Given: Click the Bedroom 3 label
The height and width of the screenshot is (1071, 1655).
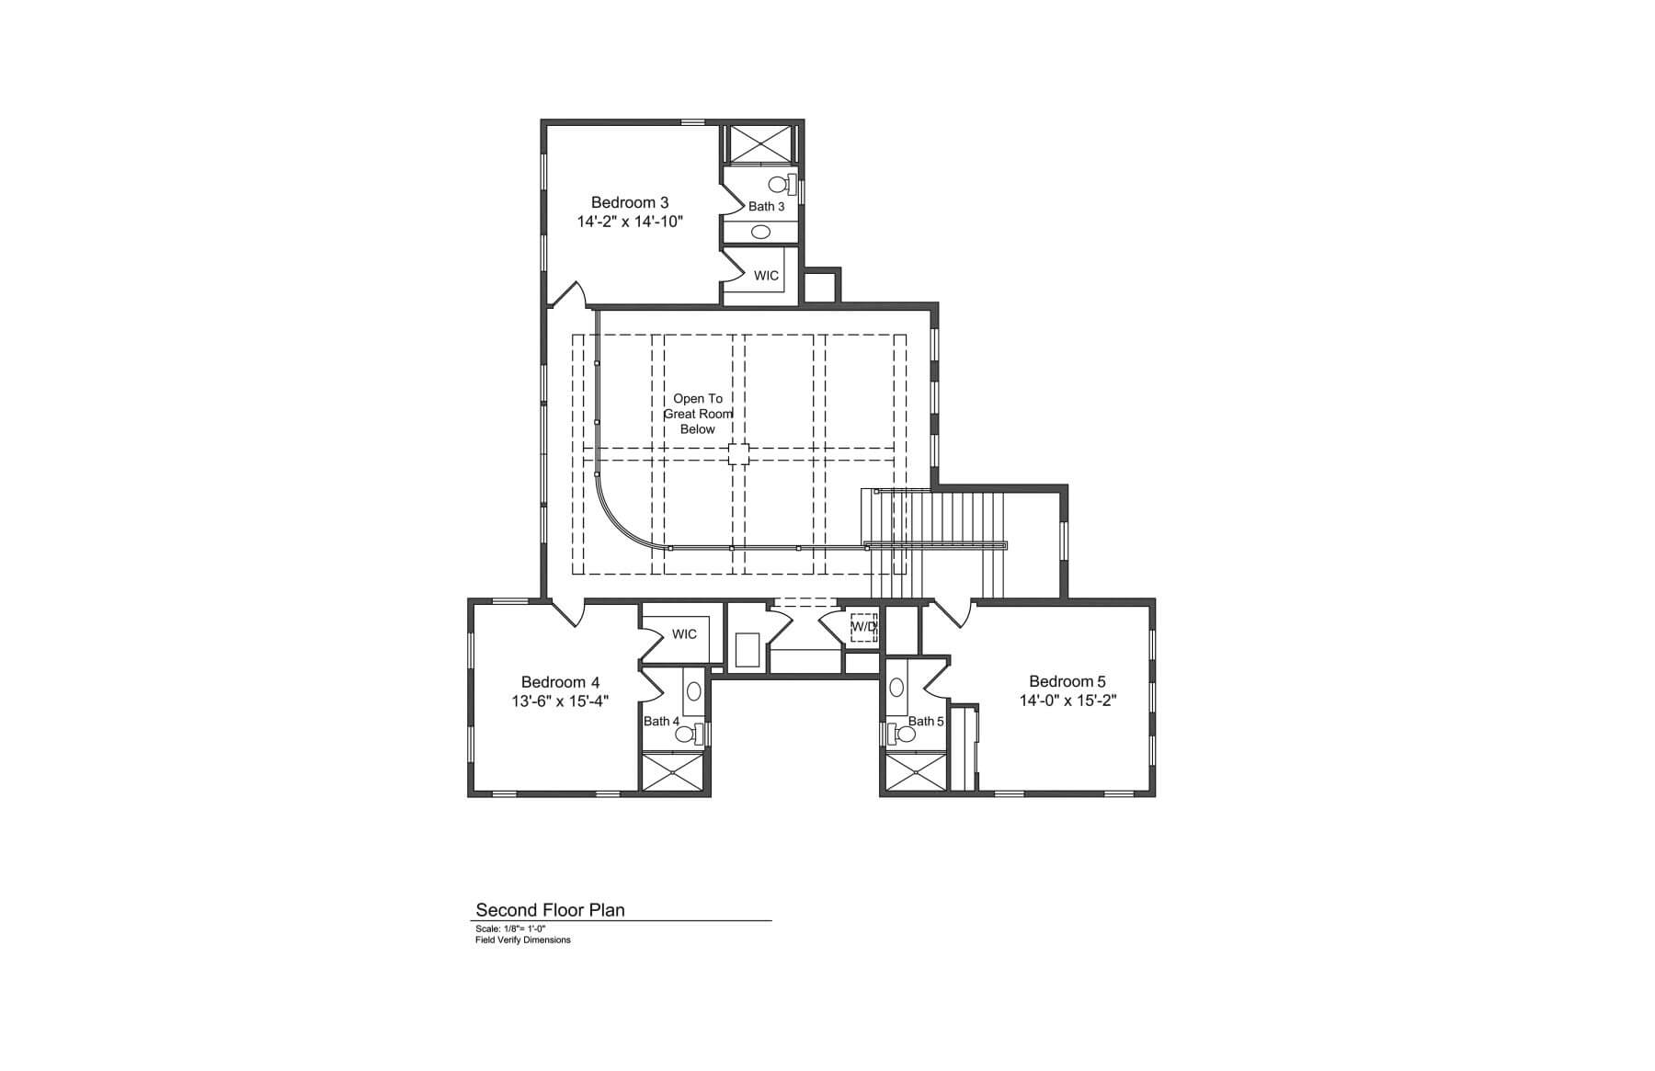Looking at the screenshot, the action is coord(630,202).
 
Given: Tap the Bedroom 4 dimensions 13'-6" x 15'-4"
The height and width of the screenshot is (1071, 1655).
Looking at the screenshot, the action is coord(561,701).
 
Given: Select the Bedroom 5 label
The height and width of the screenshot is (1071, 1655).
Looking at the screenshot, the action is coord(1067,681).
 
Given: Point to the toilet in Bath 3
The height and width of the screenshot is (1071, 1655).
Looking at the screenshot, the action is coord(782,183).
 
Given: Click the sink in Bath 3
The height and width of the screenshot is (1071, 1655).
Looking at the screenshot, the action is coord(760,232).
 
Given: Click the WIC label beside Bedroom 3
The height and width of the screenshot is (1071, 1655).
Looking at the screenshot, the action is coord(766,276).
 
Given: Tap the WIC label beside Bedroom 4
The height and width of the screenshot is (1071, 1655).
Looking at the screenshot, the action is coord(684,634).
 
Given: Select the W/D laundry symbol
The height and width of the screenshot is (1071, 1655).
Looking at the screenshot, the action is coord(863,628).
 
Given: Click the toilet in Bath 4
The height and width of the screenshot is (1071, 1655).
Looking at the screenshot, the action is coord(691,733).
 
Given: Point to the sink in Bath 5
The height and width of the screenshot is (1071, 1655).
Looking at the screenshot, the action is coord(896,687).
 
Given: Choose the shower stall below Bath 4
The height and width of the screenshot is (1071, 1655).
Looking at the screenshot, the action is coord(673,772).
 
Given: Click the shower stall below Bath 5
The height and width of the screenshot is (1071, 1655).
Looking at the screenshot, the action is coord(915,772).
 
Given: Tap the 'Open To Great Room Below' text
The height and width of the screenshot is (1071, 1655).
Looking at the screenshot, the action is coord(698,414).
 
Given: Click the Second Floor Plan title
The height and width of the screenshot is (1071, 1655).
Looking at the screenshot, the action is coord(550,910).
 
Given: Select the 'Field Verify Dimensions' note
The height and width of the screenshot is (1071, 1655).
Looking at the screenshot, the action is coord(523,940).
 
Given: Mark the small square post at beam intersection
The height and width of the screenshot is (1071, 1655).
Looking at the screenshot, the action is coord(738,452).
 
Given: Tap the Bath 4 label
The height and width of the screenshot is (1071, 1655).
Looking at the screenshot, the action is coord(661,721).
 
